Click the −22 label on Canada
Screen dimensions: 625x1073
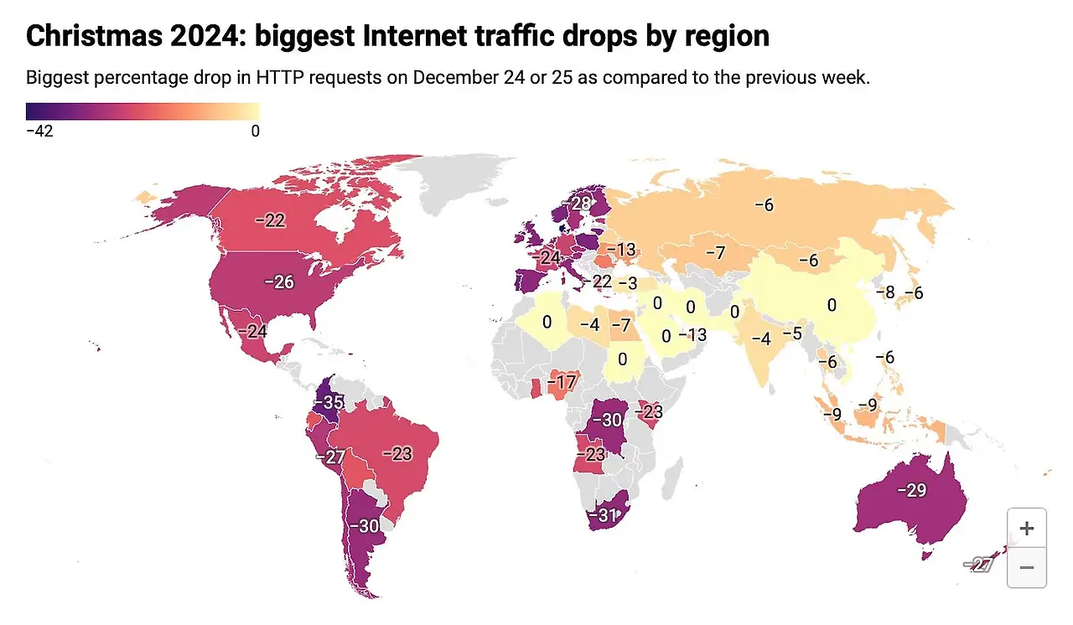271,220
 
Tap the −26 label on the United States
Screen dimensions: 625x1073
279,282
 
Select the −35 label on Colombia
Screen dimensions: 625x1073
329,401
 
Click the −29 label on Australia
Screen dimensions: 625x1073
911,490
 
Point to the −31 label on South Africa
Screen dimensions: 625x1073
603,514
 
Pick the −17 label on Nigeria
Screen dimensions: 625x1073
562,383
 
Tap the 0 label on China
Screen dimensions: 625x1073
832,306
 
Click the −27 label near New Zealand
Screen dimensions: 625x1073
978,566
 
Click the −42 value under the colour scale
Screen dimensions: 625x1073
39,131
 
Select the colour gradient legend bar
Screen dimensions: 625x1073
143,111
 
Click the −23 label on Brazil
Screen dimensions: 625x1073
397,453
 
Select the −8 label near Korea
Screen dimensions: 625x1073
885,292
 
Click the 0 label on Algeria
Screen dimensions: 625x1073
547,322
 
